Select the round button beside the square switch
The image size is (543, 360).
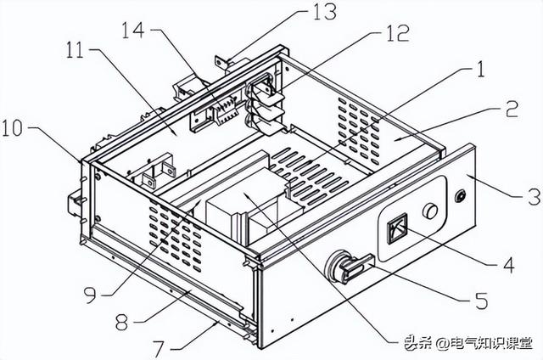(x=432, y=211)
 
